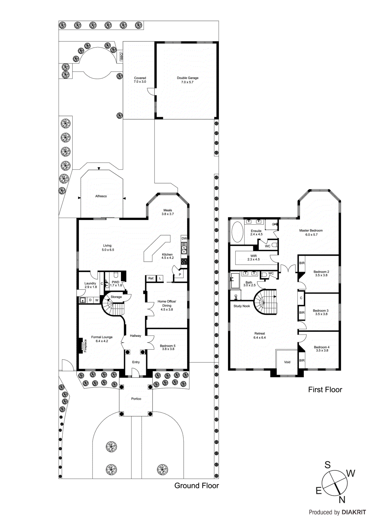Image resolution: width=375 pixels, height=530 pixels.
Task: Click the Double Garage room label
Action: (x=187, y=80)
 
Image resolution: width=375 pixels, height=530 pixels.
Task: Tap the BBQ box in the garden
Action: (x=121, y=57)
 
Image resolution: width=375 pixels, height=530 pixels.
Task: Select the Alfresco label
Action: (x=101, y=196)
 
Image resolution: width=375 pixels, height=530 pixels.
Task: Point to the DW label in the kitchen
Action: (x=184, y=238)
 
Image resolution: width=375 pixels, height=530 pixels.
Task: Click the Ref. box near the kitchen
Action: (x=151, y=278)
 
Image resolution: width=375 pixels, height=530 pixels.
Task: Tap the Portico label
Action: (x=136, y=399)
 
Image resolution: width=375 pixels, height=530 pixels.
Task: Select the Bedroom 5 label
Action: (x=167, y=347)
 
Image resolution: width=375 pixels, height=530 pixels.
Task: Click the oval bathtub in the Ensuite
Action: (x=237, y=232)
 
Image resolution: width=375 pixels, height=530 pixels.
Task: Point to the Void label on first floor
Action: (x=287, y=362)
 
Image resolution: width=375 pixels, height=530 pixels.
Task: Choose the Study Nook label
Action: (x=241, y=306)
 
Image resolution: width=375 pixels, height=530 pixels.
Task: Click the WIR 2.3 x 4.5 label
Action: (x=253, y=258)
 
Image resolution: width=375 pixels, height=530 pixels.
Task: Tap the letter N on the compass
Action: (x=342, y=500)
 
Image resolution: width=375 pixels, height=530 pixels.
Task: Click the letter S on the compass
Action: (x=327, y=465)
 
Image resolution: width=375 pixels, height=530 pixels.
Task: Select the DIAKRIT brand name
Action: (x=354, y=512)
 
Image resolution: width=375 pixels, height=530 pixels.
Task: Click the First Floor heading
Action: (x=325, y=390)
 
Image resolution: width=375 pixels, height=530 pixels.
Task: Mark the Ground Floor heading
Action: (x=196, y=486)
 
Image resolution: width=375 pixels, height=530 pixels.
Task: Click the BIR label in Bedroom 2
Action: (x=302, y=263)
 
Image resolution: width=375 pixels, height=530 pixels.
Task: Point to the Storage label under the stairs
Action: (x=116, y=297)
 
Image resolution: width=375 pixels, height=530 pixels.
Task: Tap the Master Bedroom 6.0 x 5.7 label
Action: (x=311, y=233)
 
